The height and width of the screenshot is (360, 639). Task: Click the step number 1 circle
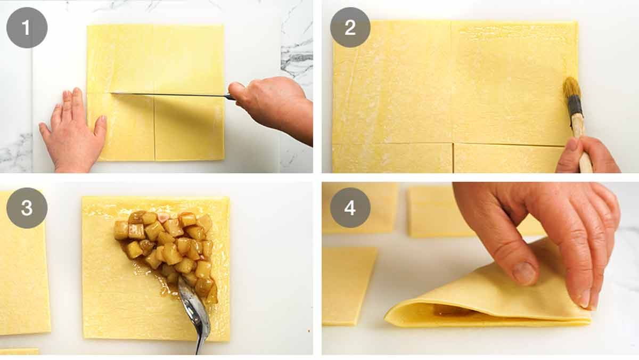pyautogui.click(x=27, y=28)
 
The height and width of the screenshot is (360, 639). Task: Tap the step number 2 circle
pyautogui.click(x=350, y=28)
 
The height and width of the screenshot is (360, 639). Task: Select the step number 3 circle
pyautogui.click(x=27, y=208)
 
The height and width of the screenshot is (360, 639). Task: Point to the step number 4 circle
pyautogui.click(x=350, y=208)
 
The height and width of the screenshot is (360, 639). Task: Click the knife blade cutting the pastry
pyautogui.click(x=170, y=95)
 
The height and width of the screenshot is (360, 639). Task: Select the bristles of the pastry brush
pyautogui.click(x=572, y=88)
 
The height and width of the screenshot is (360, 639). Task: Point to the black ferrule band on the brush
pyautogui.click(x=575, y=107)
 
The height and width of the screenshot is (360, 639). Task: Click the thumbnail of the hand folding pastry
pyautogui.click(x=524, y=273)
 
